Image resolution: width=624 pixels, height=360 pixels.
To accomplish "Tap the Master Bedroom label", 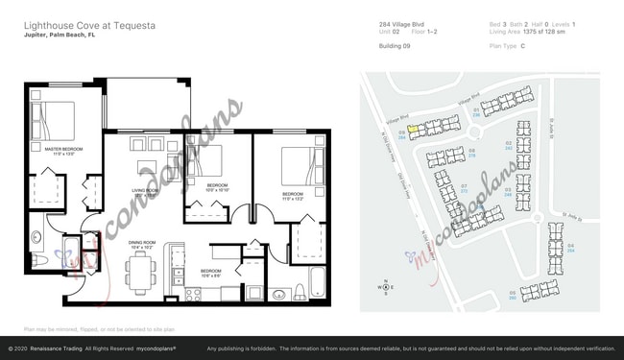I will [60, 152].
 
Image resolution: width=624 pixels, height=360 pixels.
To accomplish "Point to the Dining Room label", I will [142, 244].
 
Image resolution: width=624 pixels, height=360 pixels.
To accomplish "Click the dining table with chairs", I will [142, 271].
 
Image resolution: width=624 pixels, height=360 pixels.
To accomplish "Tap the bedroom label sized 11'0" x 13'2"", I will [293, 196].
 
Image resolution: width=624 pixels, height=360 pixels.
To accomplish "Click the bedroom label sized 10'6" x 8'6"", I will [211, 273].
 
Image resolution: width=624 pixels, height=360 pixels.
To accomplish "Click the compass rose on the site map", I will [385, 287].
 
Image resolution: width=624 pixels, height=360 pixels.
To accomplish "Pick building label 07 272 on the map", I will [464, 189].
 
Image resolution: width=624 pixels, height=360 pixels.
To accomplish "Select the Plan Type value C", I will [522, 45].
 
